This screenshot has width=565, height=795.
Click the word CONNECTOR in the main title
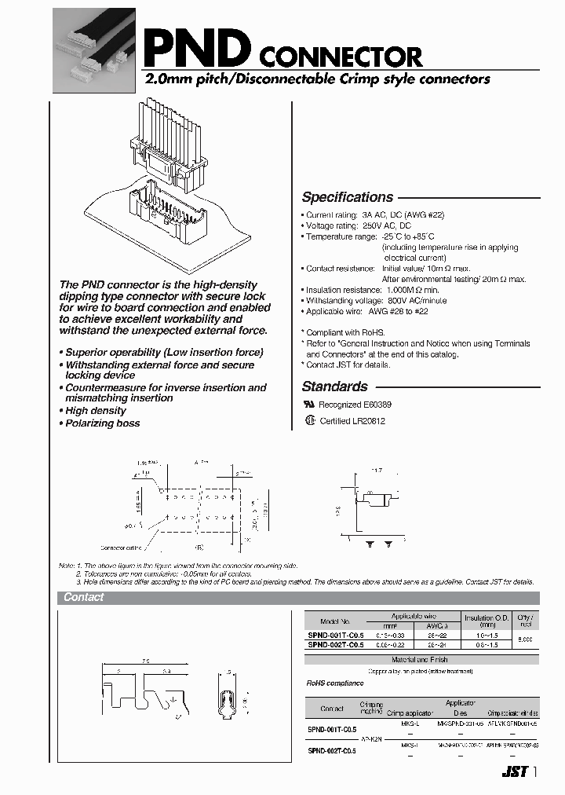point(340,57)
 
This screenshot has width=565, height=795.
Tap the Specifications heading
point(347,197)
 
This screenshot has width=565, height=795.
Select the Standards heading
point(334,387)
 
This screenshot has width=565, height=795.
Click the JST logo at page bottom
point(514,772)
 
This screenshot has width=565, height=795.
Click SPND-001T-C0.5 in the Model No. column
point(335,634)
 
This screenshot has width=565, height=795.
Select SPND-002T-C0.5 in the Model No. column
point(335,645)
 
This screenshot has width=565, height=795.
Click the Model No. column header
point(335,620)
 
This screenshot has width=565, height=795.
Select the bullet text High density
point(95,411)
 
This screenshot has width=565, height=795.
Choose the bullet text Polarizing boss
point(102,423)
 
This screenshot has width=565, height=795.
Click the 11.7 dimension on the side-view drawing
point(376,470)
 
